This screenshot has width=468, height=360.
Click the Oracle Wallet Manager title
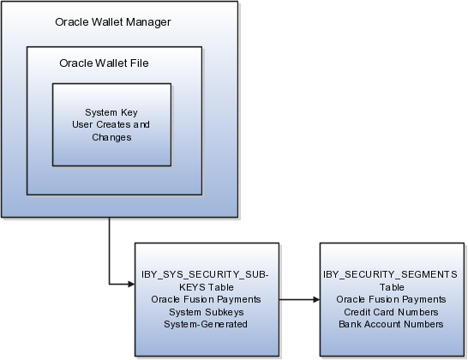[113, 22]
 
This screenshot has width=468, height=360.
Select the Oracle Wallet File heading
[104, 63]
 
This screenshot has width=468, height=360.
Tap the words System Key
[111, 112]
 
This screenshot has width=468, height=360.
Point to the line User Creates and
[111, 124]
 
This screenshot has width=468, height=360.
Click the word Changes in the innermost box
[111, 137]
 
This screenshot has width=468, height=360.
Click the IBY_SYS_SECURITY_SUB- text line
[205, 274]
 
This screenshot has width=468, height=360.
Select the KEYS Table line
[207, 287]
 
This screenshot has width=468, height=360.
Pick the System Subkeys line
[207, 312]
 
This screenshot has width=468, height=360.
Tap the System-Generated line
[206, 324]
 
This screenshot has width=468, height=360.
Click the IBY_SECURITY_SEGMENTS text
[390, 274]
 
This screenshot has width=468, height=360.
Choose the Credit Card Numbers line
[391, 312]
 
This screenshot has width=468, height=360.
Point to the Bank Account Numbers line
[391, 324]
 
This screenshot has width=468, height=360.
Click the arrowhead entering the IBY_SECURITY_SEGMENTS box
[316, 299]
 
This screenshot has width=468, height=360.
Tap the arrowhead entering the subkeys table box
[131, 285]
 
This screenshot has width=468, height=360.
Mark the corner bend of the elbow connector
[109, 285]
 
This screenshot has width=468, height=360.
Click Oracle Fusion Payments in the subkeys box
[206, 299]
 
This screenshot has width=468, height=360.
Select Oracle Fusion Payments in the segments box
[391, 299]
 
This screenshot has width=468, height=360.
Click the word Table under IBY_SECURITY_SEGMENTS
[392, 287]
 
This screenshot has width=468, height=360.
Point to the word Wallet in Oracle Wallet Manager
[107, 21]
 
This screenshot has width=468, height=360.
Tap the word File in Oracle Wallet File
[139, 63]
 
